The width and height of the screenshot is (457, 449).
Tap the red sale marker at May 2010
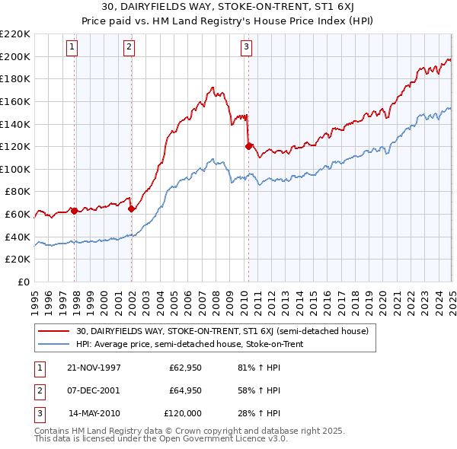[248, 146]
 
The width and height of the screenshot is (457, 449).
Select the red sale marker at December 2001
[131, 209]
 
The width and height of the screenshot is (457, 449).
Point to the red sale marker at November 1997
[75, 211]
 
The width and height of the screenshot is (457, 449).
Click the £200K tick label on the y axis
[15, 56]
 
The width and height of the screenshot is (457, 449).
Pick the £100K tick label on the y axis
[15, 170]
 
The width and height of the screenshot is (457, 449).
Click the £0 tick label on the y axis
[23, 282]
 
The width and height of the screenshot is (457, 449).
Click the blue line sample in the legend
[55, 344]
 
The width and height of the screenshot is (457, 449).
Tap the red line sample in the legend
[55, 331]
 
